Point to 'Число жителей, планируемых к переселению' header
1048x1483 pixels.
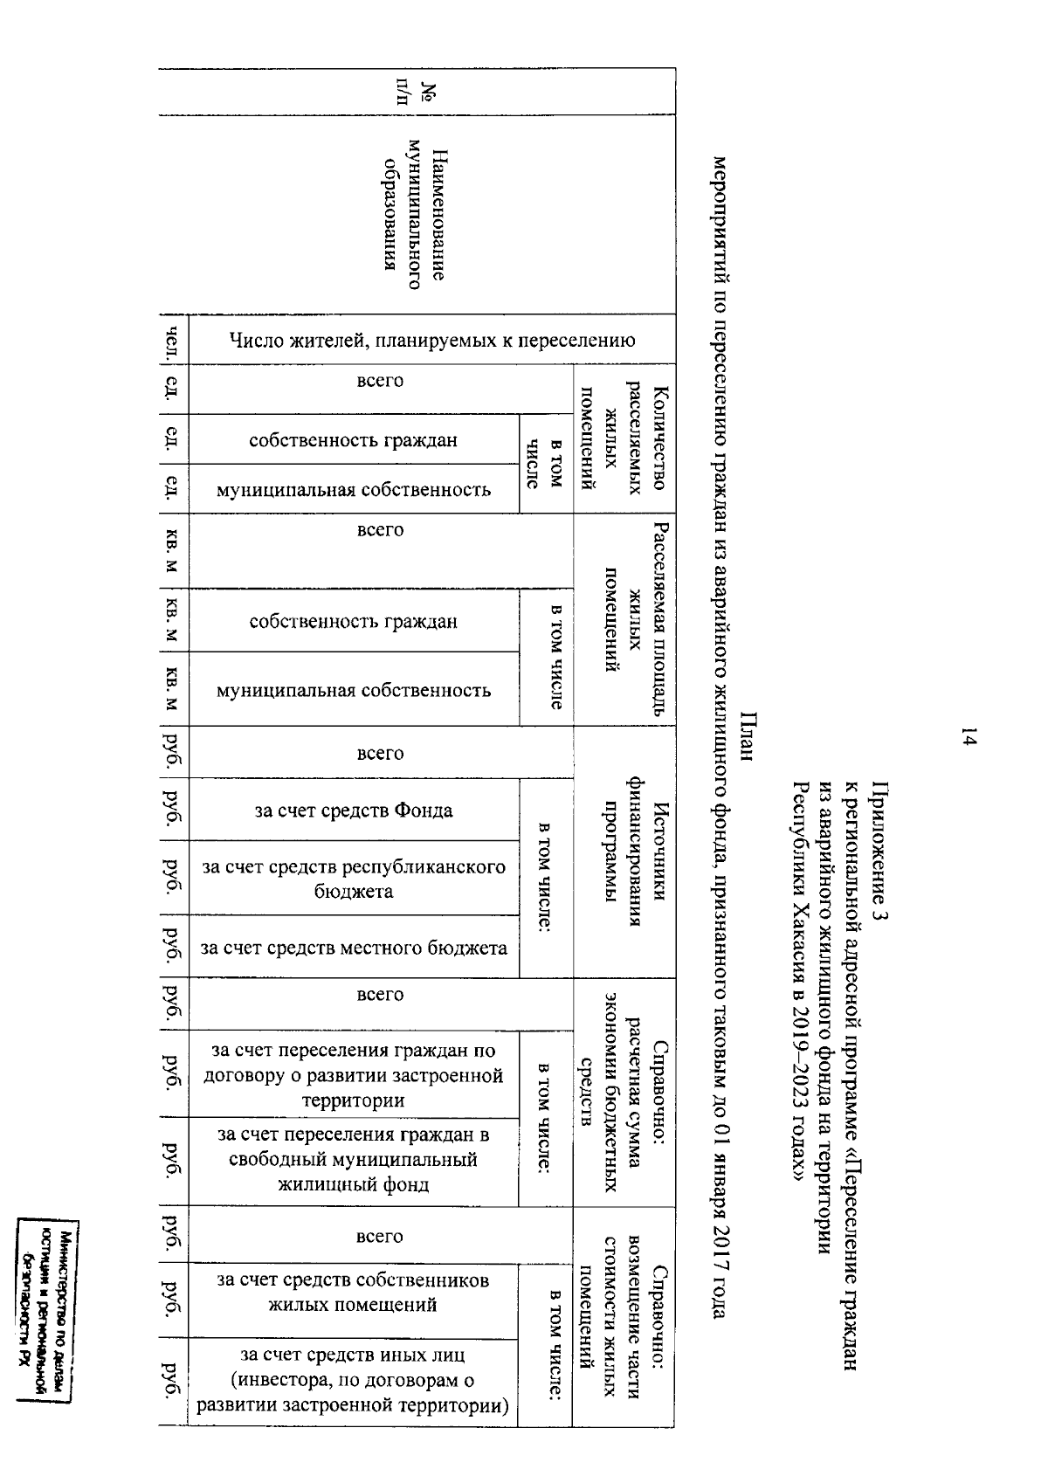[x=431, y=340]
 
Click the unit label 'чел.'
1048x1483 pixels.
[x=174, y=340]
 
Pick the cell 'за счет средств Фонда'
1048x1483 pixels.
[x=354, y=810]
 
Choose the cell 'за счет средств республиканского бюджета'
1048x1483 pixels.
[x=354, y=879]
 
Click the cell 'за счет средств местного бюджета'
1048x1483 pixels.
[x=354, y=948]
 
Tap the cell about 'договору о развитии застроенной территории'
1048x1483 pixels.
[x=354, y=1074]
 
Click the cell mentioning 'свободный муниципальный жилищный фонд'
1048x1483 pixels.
[x=354, y=1160]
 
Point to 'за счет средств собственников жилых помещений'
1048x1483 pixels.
[x=354, y=1293]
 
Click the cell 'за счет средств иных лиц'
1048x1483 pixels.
[x=354, y=1381]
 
